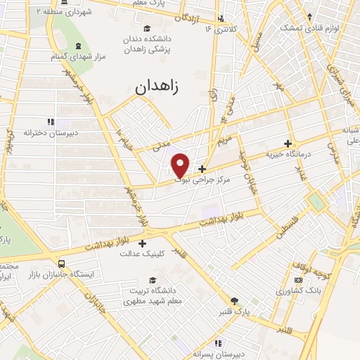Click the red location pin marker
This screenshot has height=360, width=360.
181,165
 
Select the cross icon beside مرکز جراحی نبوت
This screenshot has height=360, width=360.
202,169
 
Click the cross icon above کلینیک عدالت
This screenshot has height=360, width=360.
142,243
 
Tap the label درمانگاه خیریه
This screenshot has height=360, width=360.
288,153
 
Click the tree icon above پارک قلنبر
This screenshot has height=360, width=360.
234,300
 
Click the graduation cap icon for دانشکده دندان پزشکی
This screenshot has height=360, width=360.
147,29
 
